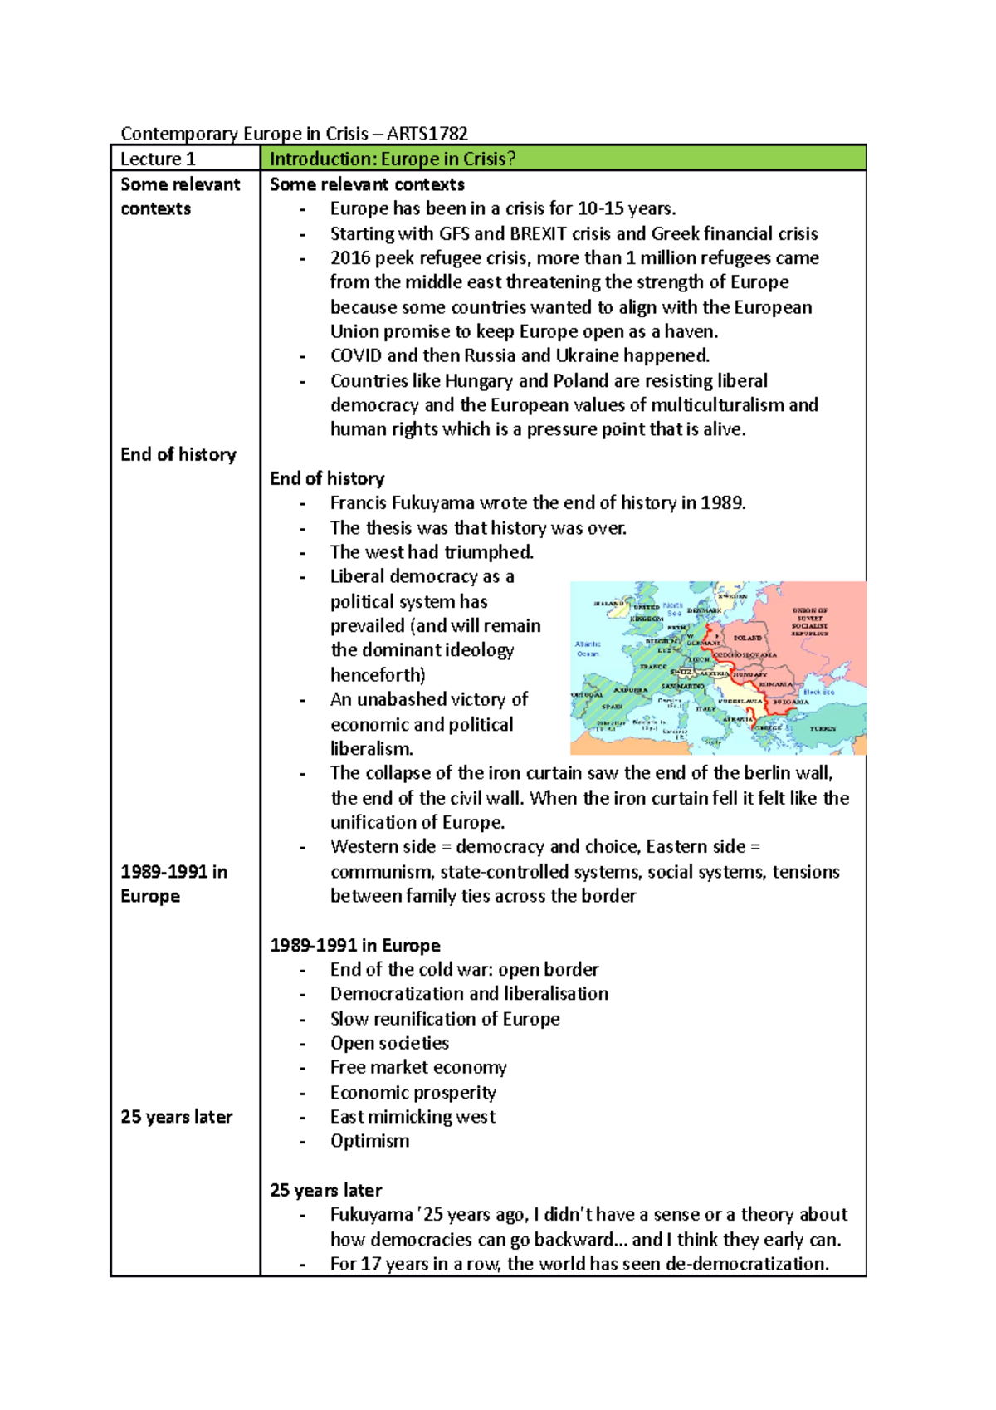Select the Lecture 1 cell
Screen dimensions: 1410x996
coord(158,159)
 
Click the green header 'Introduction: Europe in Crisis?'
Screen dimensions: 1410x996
coord(393,159)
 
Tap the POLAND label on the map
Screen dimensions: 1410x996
coord(747,638)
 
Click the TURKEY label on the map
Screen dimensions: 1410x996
coord(823,728)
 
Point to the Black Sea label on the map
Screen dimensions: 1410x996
coord(818,691)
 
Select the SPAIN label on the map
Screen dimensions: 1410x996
coord(613,707)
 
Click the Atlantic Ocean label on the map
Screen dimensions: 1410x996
coord(588,649)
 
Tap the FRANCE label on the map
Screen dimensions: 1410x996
coord(653,666)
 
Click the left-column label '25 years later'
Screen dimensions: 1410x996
coord(176,1117)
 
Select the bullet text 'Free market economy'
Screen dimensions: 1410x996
coord(418,1067)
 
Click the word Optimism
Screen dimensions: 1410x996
coord(369,1141)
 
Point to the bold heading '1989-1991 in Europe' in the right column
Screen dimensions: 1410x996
coord(355,945)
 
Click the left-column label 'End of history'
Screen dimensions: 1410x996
coord(178,454)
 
